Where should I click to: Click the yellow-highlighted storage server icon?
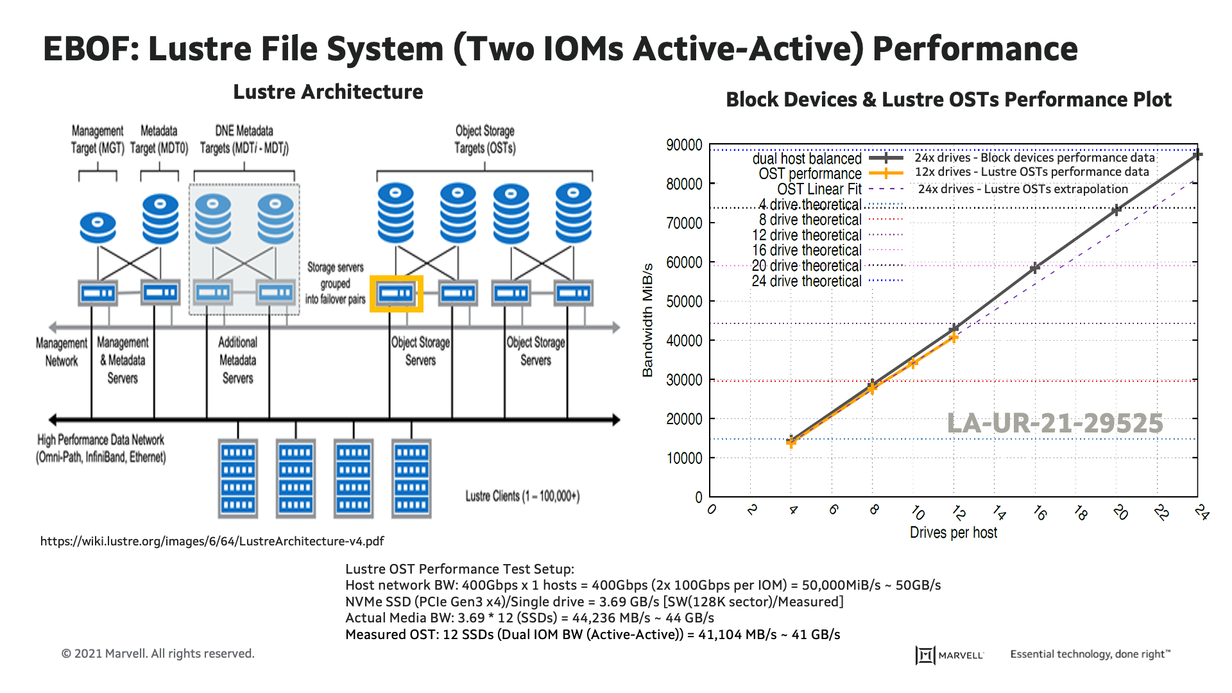point(396,294)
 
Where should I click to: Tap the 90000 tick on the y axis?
point(685,145)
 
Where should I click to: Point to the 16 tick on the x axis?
point(1039,512)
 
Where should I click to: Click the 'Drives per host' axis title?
point(953,533)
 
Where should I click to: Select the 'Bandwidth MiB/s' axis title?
point(648,320)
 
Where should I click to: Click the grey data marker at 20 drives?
point(1116,210)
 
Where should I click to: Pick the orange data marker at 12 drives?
point(954,337)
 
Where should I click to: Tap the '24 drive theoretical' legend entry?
point(807,281)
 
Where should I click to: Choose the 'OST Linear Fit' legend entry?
point(819,189)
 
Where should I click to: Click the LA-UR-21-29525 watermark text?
point(1055,423)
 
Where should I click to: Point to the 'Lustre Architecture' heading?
point(328,92)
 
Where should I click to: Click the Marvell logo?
point(950,654)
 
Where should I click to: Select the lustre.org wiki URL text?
point(212,541)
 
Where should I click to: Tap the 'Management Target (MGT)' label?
point(98,139)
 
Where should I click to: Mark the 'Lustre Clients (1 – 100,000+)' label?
point(522,496)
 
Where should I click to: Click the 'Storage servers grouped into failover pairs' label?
point(335,283)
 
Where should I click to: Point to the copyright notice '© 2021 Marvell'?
point(158,653)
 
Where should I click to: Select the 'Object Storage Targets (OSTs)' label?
point(484,139)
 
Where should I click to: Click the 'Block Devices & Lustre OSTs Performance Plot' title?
point(948,99)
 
